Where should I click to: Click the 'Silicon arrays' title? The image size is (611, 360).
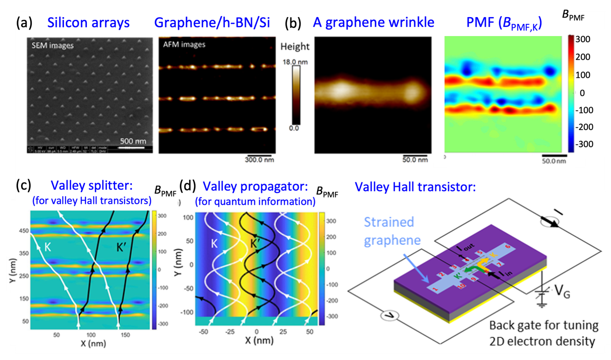coord(95,24)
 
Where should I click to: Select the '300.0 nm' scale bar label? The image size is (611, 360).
coord(260,158)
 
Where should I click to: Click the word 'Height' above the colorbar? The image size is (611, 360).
coord(295,46)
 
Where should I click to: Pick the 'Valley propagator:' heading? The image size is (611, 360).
coord(255,186)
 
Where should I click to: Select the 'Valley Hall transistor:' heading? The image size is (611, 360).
coord(415,186)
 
